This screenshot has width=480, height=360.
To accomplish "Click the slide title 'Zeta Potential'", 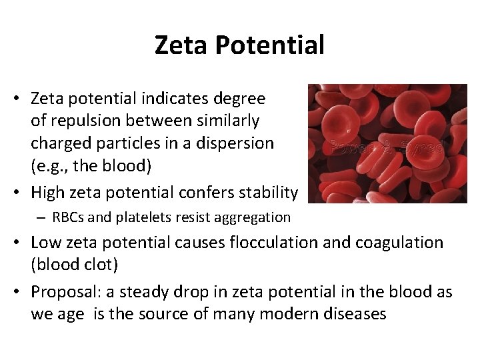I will click(239, 45).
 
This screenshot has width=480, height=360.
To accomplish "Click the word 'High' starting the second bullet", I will click(47, 193).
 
